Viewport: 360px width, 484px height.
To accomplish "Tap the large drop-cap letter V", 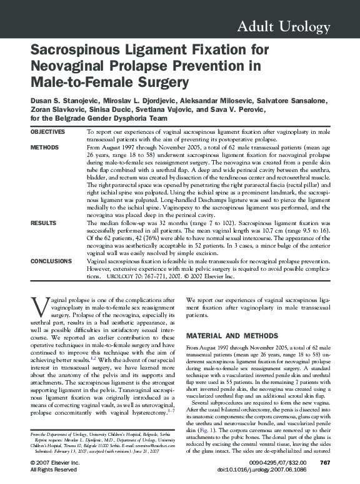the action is click(39, 307).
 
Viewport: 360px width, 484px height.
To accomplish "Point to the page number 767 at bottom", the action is click(324, 463).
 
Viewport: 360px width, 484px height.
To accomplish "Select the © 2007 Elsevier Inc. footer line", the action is click(55, 463).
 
